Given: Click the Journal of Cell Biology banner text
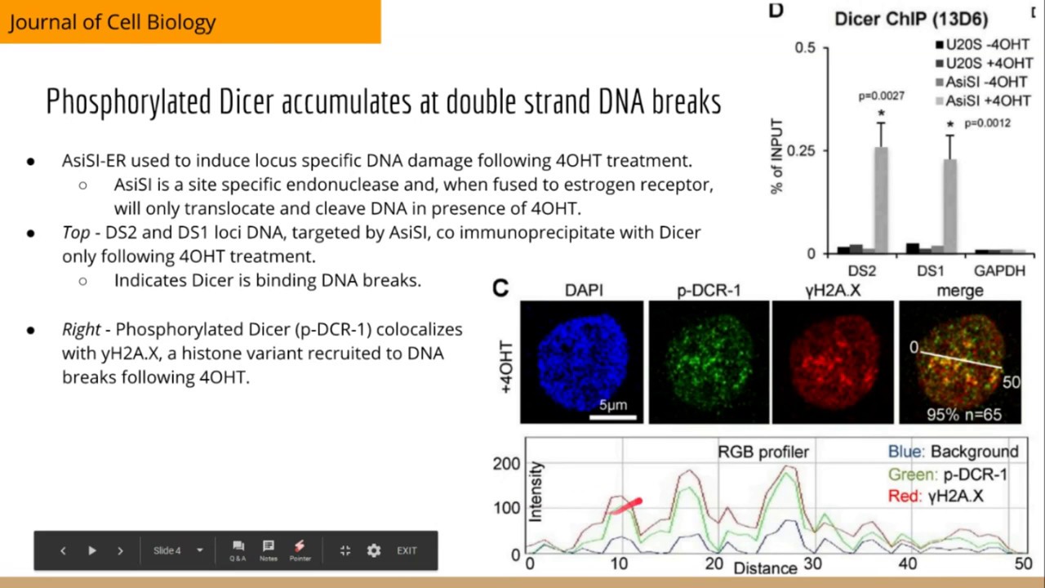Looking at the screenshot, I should pos(113,22).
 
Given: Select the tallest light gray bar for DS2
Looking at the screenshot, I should pos(882,199).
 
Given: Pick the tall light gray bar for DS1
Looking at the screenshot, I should pos(949,206).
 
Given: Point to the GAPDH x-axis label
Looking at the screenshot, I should pos(999,271).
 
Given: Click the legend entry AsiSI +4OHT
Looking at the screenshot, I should pos(986,100).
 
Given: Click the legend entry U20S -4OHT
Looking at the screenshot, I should pos(986,45).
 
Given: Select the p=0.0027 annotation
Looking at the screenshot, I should pos(881,96).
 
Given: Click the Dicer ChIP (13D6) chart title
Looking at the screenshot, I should pos(911,19).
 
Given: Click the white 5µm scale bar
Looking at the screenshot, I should pos(613,417).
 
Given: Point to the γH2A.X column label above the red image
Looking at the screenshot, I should pos(833,291).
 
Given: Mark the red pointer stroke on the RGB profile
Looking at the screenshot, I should pos(627,506).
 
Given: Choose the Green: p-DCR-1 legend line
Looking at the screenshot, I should pos(947,474).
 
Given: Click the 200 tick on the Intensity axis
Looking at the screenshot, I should pos(506,464).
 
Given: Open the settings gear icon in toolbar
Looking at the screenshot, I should pos(374,550).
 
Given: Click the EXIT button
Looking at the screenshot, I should pos(407,550).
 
